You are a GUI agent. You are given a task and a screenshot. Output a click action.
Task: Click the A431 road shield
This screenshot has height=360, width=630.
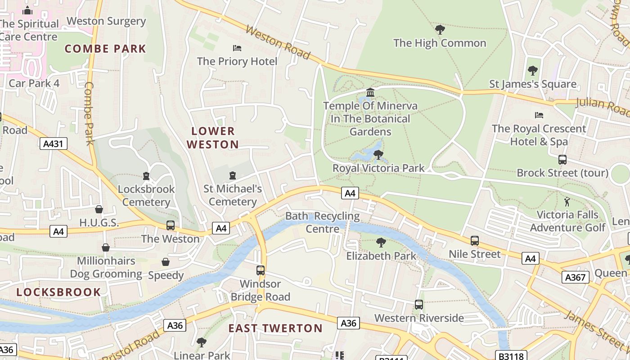click(x=54, y=144)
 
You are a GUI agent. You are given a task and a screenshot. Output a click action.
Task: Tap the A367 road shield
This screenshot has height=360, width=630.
click(x=575, y=277)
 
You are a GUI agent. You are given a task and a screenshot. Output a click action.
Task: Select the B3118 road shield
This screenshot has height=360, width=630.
click(x=510, y=356)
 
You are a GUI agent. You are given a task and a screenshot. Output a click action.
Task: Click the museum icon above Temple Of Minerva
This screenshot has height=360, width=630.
click(x=370, y=93)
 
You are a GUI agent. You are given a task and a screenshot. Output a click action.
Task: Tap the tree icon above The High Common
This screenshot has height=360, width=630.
click(x=440, y=30)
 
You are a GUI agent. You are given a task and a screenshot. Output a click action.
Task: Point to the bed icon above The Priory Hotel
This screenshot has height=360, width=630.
click(x=237, y=48)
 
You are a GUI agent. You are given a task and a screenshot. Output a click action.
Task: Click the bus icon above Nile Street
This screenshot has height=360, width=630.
click(x=475, y=241)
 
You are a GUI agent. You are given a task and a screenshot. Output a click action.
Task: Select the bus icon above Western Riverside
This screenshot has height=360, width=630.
click(x=419, y=305)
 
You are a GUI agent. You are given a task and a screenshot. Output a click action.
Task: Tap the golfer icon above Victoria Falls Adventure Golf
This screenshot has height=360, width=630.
click(x=567, y=202)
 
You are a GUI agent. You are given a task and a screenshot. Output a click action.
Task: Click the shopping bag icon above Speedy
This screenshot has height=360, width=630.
click(x=166, y=262)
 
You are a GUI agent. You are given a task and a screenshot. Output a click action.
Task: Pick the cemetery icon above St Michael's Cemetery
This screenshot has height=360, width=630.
click(x=233, y=175)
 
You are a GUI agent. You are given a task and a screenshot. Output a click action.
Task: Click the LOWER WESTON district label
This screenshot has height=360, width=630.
click(x=213, y=138)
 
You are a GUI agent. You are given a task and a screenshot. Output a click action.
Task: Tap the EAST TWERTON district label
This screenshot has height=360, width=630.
click(x=275, y=328)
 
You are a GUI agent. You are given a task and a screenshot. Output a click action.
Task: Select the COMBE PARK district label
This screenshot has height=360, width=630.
click(x=105, y=49)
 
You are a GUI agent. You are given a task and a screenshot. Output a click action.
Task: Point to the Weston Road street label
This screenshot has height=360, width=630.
click(x=278, y=43)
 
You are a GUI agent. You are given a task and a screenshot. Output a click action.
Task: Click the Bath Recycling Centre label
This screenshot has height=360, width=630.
click(x=323, y=222)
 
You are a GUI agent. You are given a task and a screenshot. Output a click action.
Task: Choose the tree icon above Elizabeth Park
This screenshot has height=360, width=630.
click(x=381, y=243)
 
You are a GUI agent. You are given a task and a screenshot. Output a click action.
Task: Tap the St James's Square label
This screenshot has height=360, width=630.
click(x=533, y=84)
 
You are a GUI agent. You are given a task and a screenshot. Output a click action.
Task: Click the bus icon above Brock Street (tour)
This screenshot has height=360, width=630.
click(x=562, y=160)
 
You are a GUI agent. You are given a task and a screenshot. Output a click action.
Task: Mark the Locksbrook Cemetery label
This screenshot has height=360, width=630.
click(x=146, y=195)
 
